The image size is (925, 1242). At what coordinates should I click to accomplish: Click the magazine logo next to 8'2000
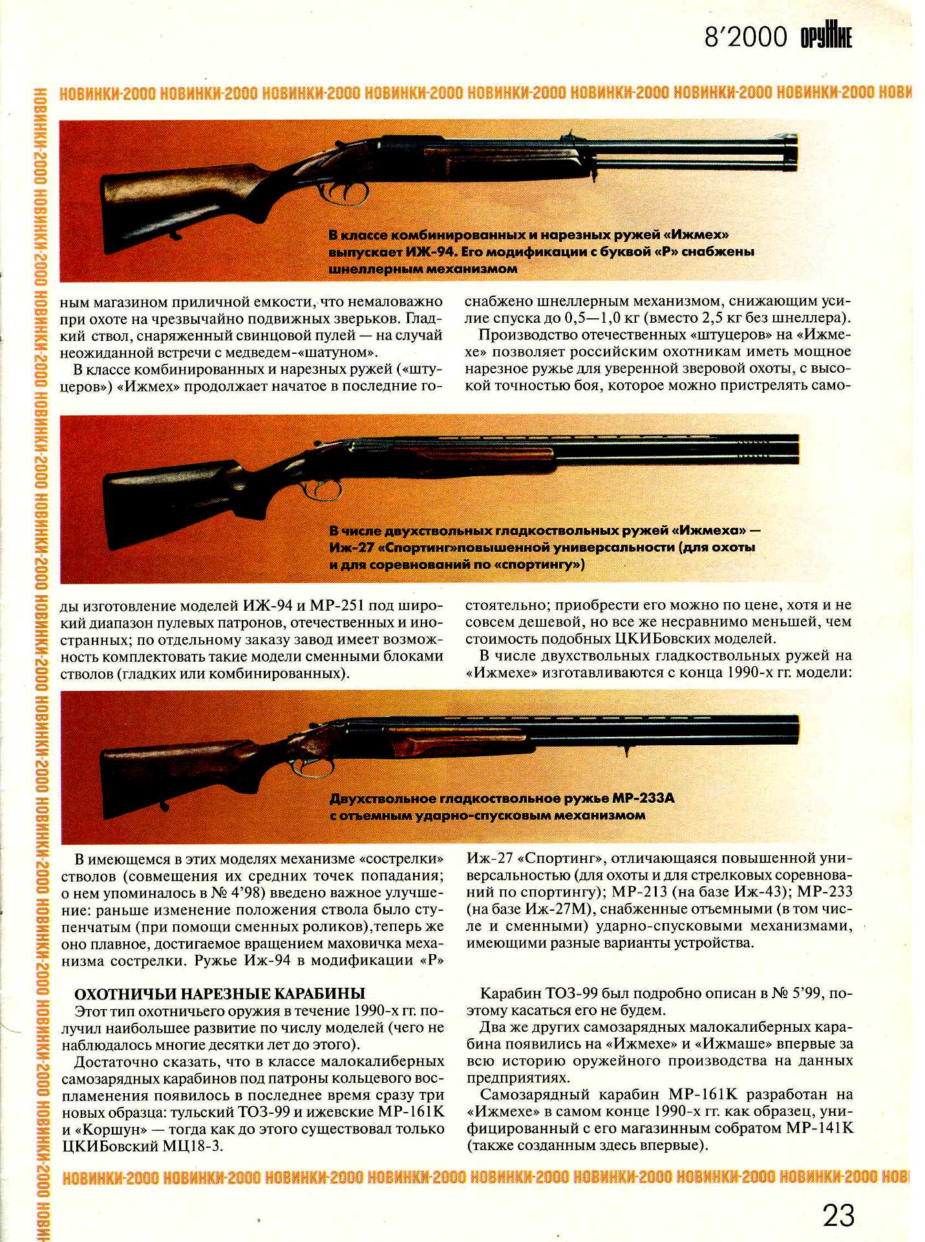pos(826,38)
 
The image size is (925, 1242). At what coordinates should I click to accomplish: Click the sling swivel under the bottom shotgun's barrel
pos(626,750)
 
